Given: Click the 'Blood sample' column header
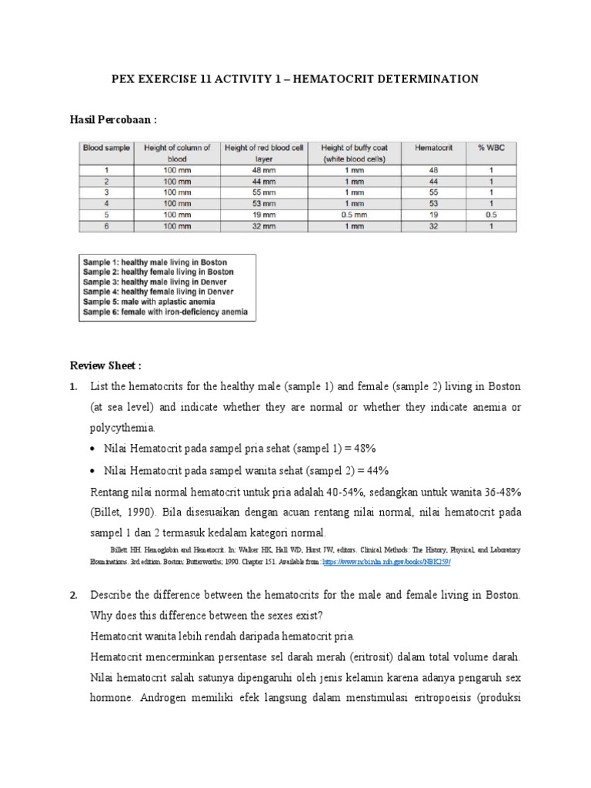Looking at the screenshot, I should (106, 148).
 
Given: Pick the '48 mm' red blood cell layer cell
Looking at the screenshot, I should (264, 169).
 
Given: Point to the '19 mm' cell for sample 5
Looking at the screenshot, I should (264, 215).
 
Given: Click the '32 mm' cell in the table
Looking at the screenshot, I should (264, 227).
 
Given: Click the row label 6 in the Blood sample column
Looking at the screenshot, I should (107, 227).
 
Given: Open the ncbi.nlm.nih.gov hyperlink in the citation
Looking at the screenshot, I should (386, 562).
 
